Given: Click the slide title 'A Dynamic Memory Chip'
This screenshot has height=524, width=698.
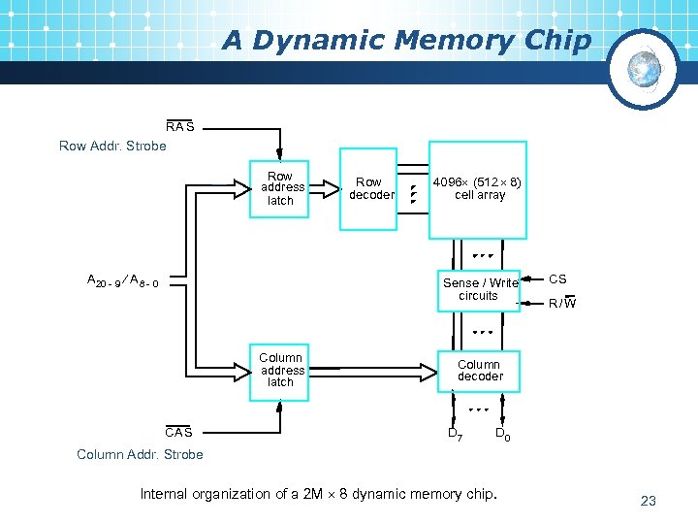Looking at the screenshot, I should point(405,41).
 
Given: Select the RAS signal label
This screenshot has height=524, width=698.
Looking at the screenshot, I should point(179,126).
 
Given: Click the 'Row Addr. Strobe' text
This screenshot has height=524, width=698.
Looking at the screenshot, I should point(112,146).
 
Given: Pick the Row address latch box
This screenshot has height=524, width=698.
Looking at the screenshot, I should point(280,188).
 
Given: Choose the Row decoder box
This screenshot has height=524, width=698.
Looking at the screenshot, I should point(369,188).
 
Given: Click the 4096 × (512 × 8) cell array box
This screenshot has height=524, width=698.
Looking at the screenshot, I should point(478,189).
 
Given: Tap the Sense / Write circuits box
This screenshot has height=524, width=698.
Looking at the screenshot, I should point(479,289).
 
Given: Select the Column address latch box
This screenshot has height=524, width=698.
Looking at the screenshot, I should point(280,370).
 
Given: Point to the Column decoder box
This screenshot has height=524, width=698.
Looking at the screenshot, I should point(479,370).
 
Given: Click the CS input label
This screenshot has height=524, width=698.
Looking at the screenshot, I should point(557,279).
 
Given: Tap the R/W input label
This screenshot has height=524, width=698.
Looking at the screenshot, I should point(561,303).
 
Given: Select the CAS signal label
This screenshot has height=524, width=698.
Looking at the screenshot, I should point(178,432).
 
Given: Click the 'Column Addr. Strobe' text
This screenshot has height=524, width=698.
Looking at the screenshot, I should point(140,454).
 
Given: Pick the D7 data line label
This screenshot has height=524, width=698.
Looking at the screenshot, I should point(454,434).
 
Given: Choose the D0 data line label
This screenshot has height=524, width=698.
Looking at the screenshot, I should point(502,434).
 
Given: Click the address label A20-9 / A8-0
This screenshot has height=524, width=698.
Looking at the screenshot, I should point(123,281).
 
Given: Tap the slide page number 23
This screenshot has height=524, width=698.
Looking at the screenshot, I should point(649,501).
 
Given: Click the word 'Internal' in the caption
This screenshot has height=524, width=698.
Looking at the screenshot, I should point(166,494).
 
